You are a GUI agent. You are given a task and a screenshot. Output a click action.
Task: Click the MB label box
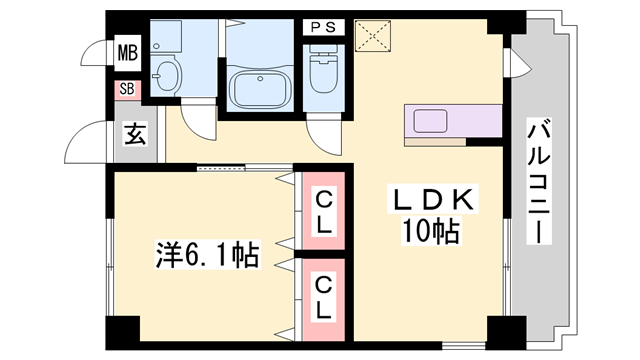[127, 51]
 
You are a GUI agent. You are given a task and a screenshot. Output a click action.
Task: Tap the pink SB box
[127, 89]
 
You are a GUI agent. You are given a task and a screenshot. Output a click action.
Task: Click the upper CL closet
[324, 212]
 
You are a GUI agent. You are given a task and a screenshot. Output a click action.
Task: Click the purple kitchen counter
[453, 124]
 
